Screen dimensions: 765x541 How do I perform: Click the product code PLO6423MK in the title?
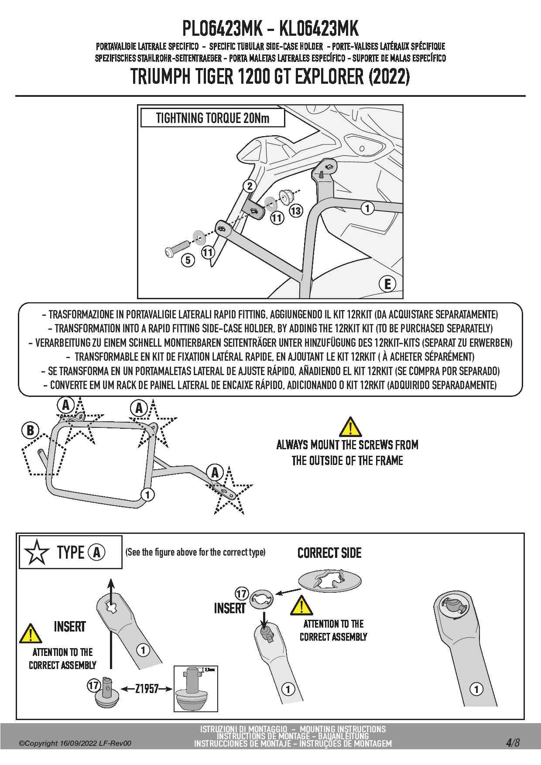tap(222, 29)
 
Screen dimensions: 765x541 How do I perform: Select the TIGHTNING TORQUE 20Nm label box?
tap(212, 118)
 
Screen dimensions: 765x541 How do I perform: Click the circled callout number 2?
tap(250, 186)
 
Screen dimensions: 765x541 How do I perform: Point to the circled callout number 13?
tap(296, 211)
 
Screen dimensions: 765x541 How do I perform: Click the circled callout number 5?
tap(188, 260)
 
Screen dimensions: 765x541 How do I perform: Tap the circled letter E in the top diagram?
tap(387, 284)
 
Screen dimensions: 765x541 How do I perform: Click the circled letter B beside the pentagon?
tap(30, 430)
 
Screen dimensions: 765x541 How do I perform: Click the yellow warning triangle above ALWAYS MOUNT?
tap(350, 427)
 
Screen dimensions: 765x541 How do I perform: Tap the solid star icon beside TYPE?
tap(37, 552)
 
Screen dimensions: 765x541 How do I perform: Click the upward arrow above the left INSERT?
tap(111, 587)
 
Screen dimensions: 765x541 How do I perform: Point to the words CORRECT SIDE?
tap(329, 553)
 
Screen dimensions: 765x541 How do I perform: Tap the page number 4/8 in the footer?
tap(513, 743)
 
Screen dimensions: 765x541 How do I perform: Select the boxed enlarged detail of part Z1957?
tap(195, 688)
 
